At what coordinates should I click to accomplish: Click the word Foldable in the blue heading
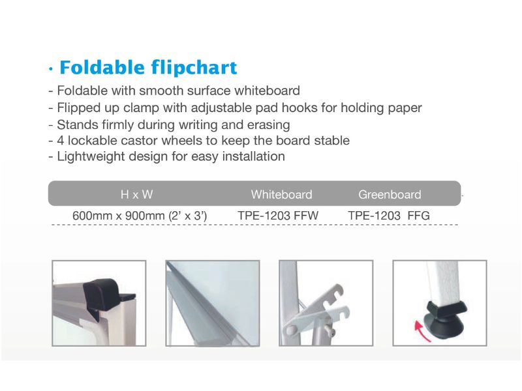102,67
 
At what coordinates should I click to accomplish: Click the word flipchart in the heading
194,68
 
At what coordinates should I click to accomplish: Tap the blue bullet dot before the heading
51,69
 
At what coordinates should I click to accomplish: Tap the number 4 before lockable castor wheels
60,140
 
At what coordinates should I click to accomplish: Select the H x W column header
137,194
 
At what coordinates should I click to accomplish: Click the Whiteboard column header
282,194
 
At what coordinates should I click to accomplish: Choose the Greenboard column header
390,194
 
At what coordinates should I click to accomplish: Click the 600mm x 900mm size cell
140,216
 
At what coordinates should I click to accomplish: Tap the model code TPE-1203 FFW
278,216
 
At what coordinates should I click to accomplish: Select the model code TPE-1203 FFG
389,216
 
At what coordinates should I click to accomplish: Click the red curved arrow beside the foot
420,331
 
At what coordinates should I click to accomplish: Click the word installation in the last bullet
254,156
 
